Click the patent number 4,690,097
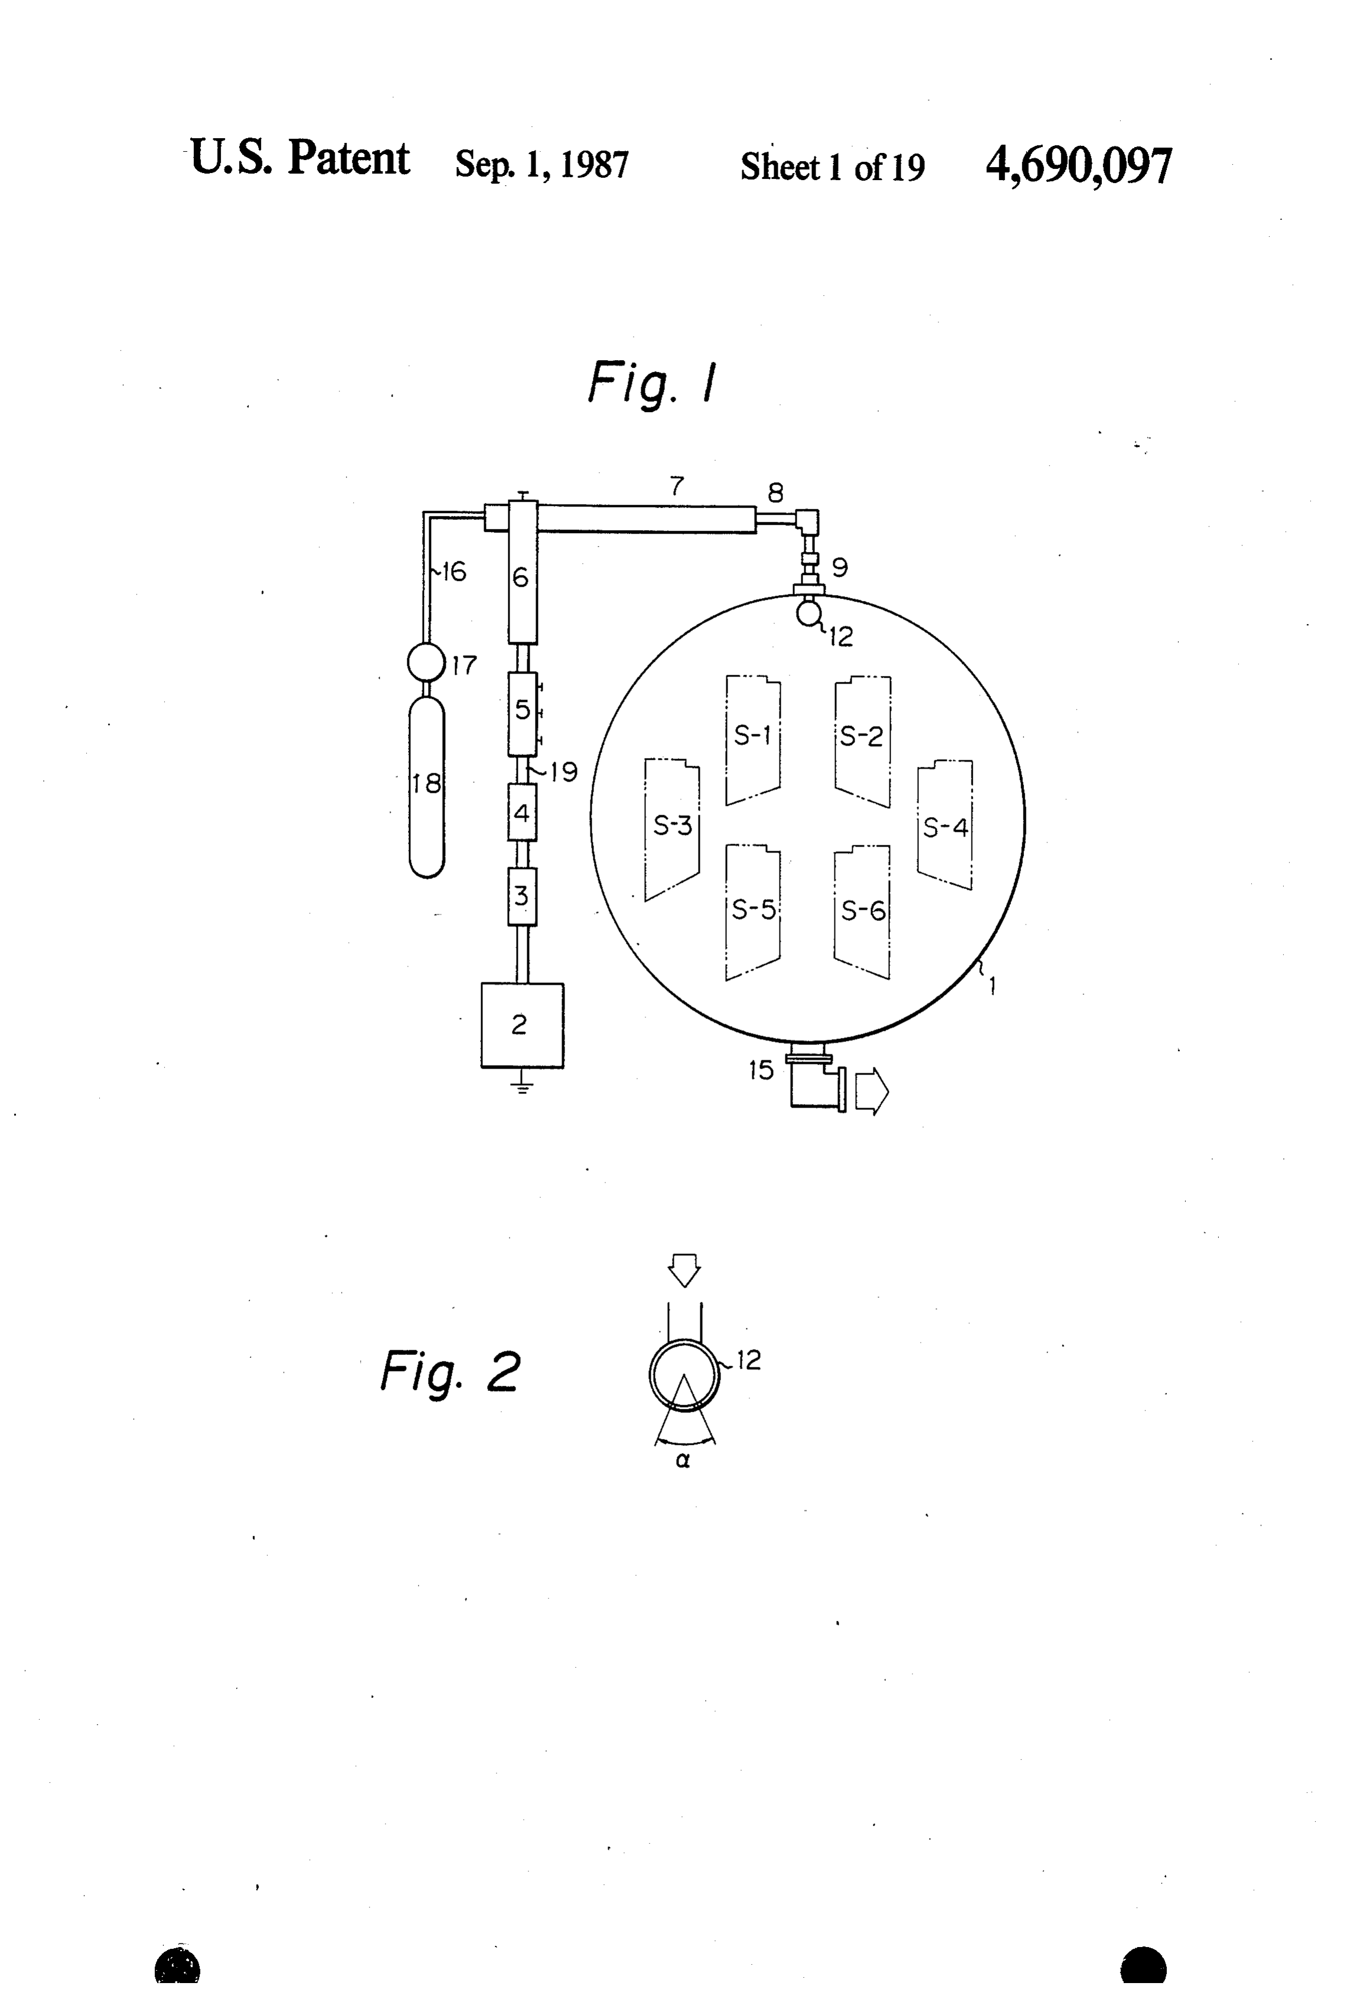pos(1078,165)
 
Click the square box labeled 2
pos(522,1025)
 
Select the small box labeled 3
pos(522,896)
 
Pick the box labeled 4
pos(522,812)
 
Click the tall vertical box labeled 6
pos(522,571)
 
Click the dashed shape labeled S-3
pos(672,829)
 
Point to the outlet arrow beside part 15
pos(871,1092)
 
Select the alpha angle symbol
pos(683,1461)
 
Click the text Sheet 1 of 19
pos(832,166)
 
